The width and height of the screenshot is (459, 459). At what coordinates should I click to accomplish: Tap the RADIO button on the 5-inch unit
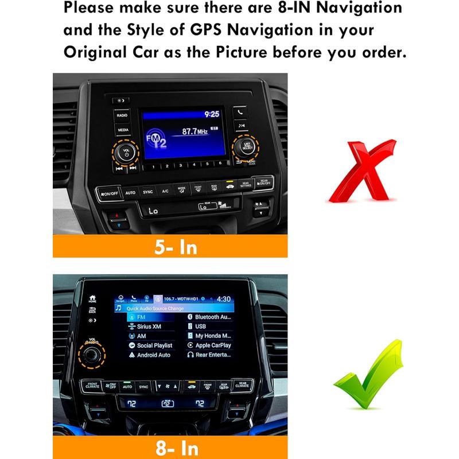[122, 116]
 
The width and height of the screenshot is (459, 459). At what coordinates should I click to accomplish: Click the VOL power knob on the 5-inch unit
[126, 153]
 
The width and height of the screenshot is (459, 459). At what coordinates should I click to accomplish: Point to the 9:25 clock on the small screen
[212, 114]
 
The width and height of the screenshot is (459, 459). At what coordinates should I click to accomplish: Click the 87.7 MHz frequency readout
[195, 131]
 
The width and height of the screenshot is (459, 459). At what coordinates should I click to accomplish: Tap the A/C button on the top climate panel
[165, 191]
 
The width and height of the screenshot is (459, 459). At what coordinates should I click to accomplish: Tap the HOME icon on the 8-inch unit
[92, 299]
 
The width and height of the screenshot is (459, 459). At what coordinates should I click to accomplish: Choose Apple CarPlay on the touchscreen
[213, 345]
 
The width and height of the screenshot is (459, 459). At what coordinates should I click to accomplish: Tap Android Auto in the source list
[153, 355]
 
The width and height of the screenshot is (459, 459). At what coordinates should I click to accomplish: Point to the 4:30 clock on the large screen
[224, 299]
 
